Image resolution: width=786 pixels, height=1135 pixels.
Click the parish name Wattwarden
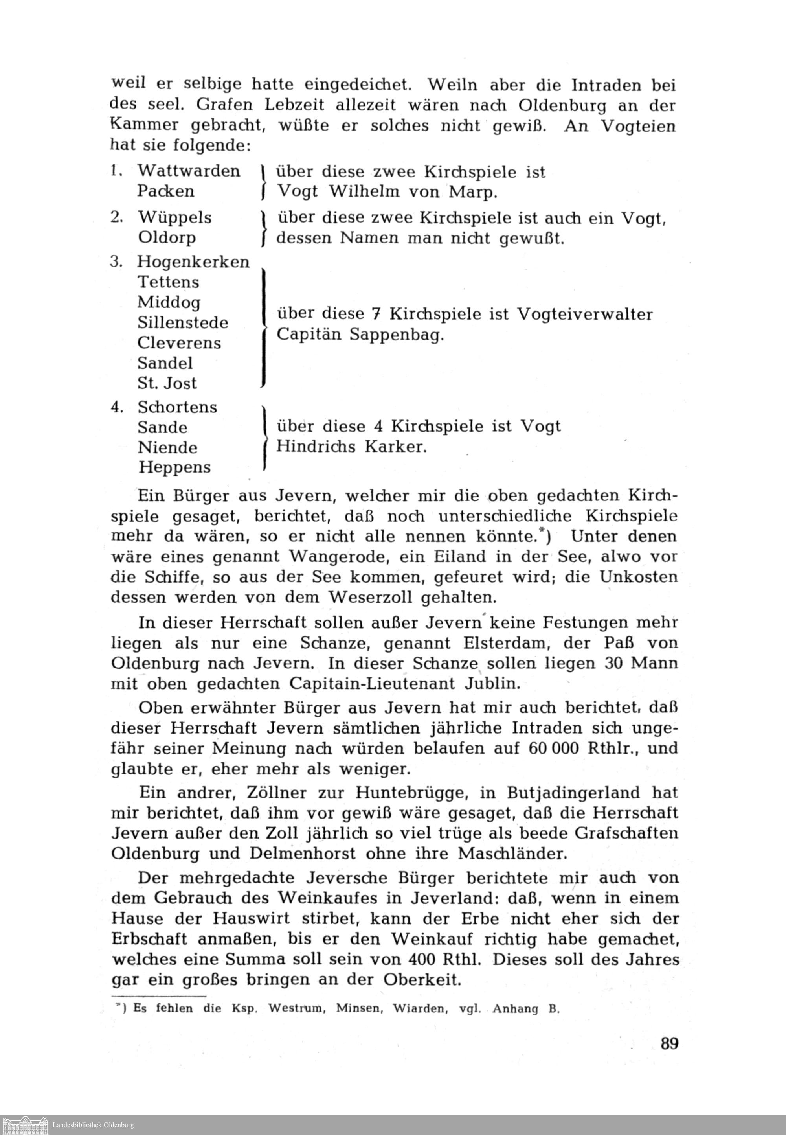189,171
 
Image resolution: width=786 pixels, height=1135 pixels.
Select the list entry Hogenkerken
193,262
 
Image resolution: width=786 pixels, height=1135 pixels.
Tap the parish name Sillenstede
183,323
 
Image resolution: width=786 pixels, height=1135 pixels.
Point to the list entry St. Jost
167,383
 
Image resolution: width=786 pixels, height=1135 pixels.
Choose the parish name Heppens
174,467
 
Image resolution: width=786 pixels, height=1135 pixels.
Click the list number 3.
116,261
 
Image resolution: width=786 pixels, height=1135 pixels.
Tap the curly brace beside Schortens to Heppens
264,437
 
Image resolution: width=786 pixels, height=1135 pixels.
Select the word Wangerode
338,557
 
